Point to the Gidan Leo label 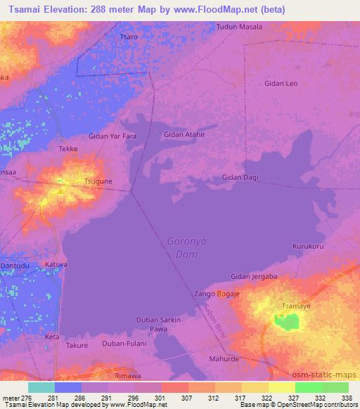281,84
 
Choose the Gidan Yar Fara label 112,136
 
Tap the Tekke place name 68,149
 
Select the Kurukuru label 308,247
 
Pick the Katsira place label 56,264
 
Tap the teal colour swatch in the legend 41,387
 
